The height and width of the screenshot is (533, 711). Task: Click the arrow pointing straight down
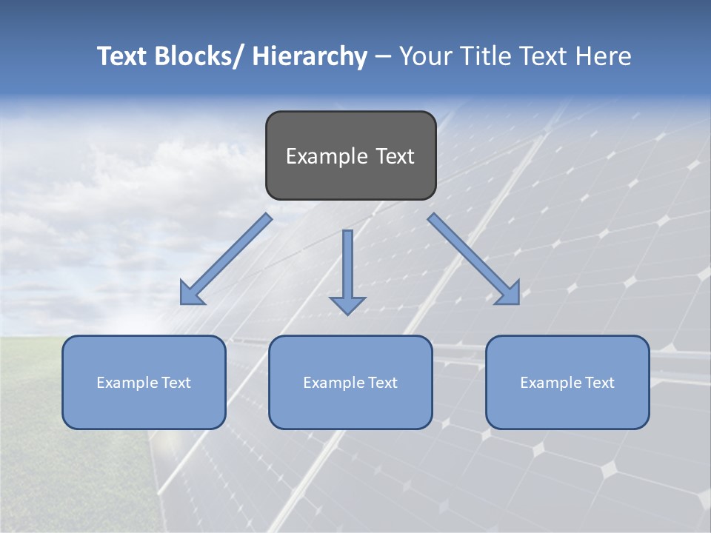pyautogui.click(x=347, y=270)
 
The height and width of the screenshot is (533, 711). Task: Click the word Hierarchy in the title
pyautogui.click(x=310, y=57)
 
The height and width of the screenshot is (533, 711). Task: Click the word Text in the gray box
pyautogui.click(x=394, y=156)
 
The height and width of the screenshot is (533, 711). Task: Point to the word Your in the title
pyautogui.click(x=424, y=57)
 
